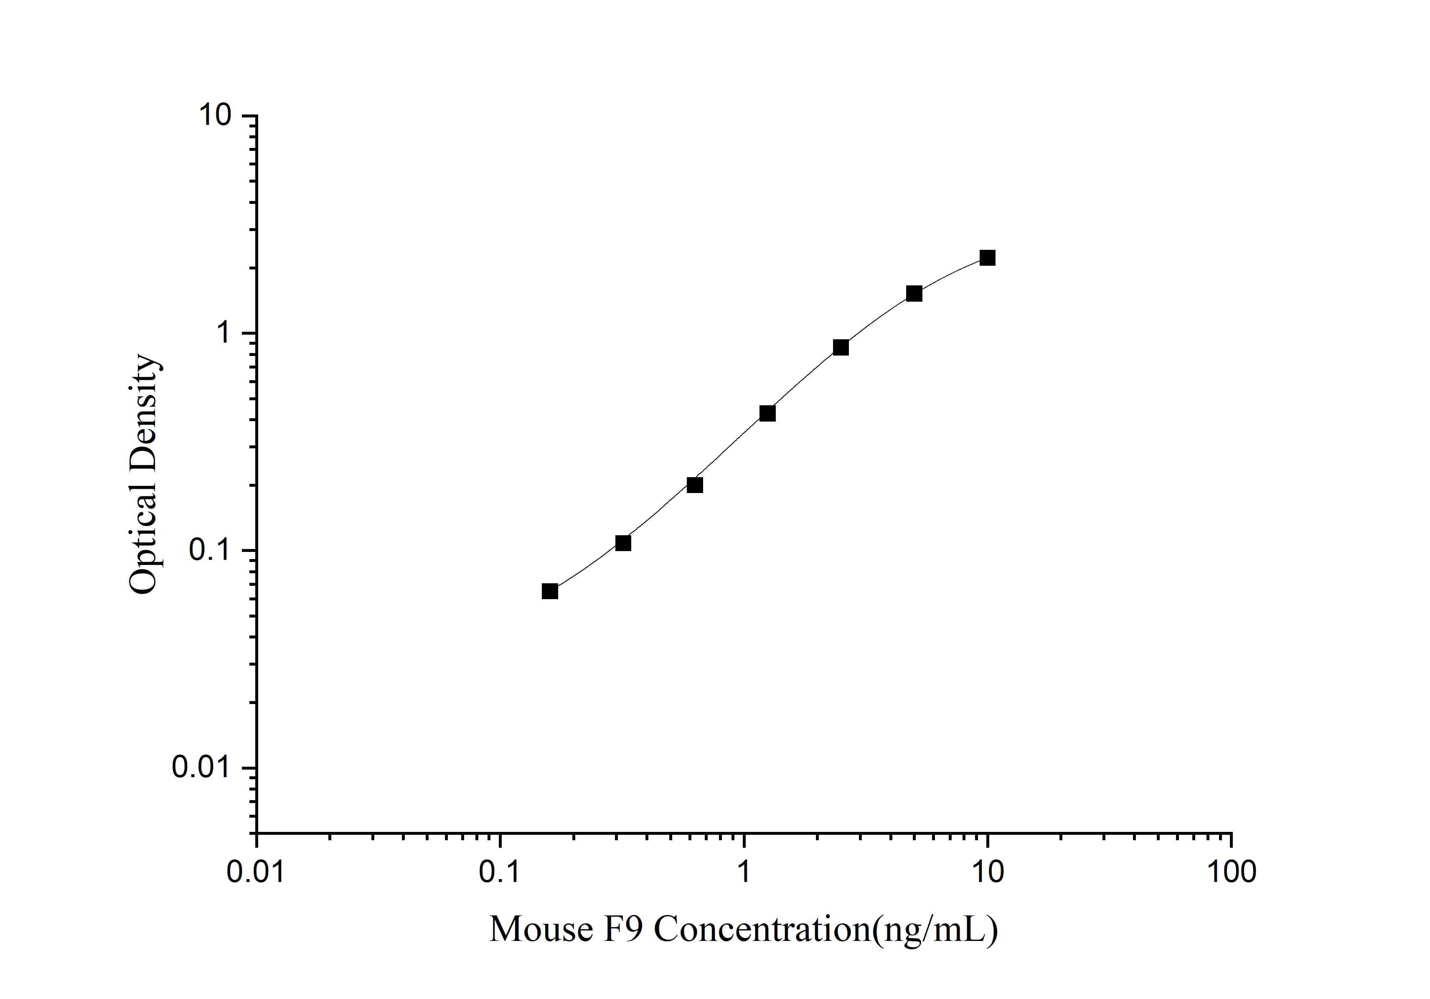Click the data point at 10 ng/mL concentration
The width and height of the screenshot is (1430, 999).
(x=987, y=258)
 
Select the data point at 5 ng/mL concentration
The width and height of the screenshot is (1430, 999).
(x=914, y=293)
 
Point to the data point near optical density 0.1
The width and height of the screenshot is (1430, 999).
(x=623, y=543)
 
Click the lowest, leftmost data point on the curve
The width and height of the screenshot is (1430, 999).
(x=549, y=591)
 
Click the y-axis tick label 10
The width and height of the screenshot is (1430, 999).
(x=214, y=115)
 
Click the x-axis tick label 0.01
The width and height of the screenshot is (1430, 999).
(x=255, y=872)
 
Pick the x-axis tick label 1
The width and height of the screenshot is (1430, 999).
(x=744, y=872)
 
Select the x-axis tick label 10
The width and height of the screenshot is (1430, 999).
(x=988, y=872)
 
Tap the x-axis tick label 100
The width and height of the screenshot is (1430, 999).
(x=1231, y=872)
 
